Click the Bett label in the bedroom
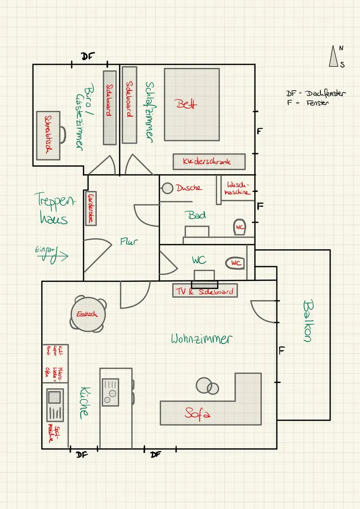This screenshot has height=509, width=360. (x=186, y=104)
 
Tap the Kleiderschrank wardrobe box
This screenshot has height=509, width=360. (x=209, y=161)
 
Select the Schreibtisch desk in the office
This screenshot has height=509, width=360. (x=48, y=135)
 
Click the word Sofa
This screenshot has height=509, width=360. (x=198, y=414)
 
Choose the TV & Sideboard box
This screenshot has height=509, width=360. (x=205, y=291)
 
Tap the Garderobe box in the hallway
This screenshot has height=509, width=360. (x=91, y=209)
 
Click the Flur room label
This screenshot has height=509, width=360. (x=129, y=242)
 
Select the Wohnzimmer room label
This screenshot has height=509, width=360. (x=202, y=339)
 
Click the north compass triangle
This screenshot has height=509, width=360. (x=334, y=56)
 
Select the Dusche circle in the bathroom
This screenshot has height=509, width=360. (x=168, y=188)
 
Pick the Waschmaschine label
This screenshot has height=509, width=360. (x=238, y=188)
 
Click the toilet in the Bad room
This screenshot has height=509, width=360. (x=239, y=227)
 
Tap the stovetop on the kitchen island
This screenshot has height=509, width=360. (x=109, y=391)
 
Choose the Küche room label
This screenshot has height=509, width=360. (x=84, y=403)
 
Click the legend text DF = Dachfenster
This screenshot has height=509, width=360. (x=316, y=94)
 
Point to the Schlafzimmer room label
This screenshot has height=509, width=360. (x=150, y=111)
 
